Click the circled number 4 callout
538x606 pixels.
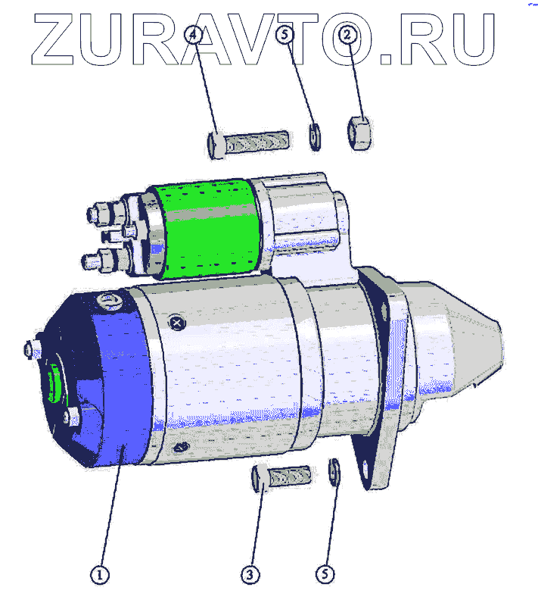193,35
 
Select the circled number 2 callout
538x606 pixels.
347,35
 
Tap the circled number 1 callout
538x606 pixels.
100,575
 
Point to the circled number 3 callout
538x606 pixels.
250,575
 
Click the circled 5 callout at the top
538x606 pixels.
285,35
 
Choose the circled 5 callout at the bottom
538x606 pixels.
325,574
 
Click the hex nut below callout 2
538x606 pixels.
359,133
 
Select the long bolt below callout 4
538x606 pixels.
248,142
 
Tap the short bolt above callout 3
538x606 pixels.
281,477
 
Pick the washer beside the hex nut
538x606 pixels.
315,137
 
